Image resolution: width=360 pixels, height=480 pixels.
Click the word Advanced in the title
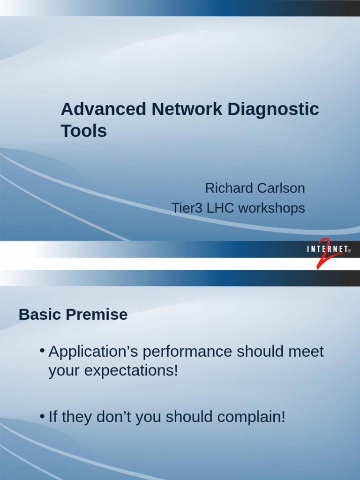click(x=103, y=110)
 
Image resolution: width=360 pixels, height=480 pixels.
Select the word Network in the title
click(x=187, y=110)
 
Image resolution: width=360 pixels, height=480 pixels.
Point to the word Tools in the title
click(x=84, y=131)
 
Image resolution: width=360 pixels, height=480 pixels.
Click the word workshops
click(x=272, y=208)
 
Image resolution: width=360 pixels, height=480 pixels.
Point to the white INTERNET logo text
click(x=328, y=250)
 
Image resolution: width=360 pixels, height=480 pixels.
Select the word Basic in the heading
click(x=39, y=315)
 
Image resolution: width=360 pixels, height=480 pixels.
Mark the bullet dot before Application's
click(x=42, y=351)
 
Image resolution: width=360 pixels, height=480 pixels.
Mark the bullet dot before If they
click(x=42, y=416)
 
